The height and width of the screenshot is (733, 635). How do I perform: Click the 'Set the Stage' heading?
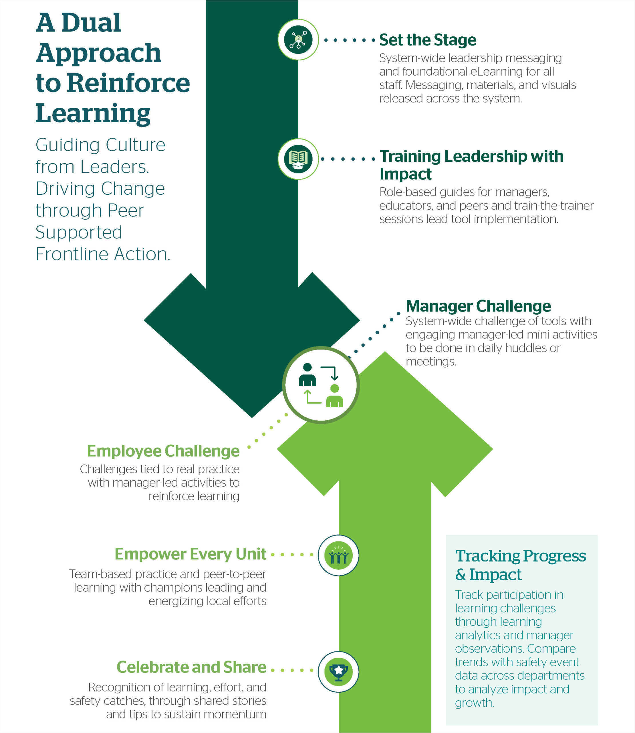tap(428, 40)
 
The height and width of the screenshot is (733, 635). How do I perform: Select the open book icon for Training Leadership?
tap(298, 159)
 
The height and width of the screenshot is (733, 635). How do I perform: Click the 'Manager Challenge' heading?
tap(478, 306)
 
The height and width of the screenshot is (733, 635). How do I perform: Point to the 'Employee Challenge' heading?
tap(163, 451)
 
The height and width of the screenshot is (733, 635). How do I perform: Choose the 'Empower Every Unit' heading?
tap(190, 554)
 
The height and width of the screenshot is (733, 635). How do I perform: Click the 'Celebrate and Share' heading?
tap(191, 667)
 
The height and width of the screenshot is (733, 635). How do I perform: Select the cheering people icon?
tap(338, 556)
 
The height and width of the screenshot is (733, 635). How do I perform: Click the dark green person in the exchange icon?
tap(307, 375)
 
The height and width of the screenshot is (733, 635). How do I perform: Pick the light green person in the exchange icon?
tap(334, 396)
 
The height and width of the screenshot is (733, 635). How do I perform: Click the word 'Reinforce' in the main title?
tap(128, 83)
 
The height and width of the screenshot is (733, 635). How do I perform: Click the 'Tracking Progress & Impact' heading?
tap(520, 565)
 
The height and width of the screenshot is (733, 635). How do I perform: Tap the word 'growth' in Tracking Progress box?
tap(473, 703)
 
